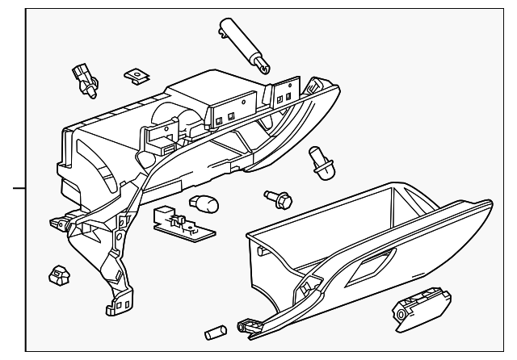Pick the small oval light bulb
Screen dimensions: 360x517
click(198, 203)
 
